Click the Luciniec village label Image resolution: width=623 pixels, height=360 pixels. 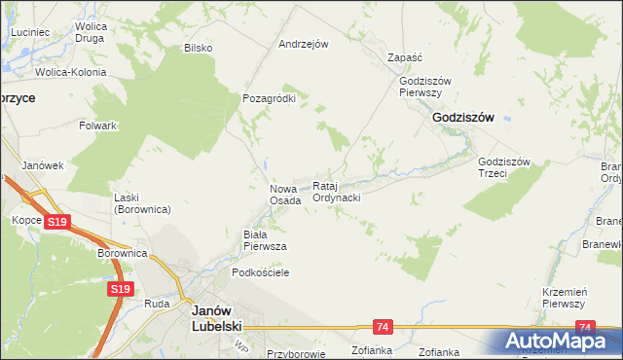pos(30,32)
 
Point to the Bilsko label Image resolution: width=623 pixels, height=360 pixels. pos(199,48)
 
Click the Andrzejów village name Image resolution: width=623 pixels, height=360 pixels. pos(304,44)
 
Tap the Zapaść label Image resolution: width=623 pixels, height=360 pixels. pos(403,57)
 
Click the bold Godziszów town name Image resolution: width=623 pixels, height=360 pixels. pos(462,117)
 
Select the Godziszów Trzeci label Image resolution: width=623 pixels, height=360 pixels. pos(503,167)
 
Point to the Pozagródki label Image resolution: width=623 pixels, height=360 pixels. pos(269,98)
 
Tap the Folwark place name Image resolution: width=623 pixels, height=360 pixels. pos(98,126)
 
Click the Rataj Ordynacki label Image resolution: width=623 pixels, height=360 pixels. pos(337,191)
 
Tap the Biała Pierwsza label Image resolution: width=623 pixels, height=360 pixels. pos(264,240)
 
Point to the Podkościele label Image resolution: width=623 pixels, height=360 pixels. pos(257,273)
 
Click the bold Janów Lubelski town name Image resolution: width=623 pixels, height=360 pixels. pos(217,316)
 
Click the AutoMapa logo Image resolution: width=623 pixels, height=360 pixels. pos(557,342)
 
